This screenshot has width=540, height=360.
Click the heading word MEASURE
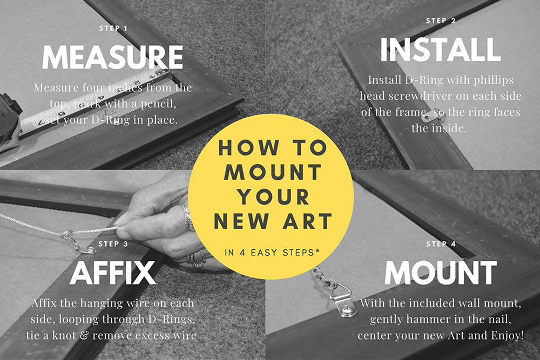(112, 57)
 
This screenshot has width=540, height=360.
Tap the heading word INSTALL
(441, 49)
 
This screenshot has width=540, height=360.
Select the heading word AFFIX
(113, 273)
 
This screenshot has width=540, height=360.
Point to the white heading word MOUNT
(441, 273)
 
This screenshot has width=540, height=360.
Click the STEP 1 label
(113, 28)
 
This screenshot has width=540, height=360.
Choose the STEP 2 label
(441, 21)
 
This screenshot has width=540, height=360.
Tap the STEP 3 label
(113, 244)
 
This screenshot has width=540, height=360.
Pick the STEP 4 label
(441, 244)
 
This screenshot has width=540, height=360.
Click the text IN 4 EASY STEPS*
(272, 253)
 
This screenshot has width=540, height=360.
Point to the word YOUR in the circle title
(273, 197)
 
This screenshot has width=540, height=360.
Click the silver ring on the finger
(188, 219)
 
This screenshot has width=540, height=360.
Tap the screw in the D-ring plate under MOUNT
(347, 310)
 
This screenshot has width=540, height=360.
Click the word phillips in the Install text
(494, 80)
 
